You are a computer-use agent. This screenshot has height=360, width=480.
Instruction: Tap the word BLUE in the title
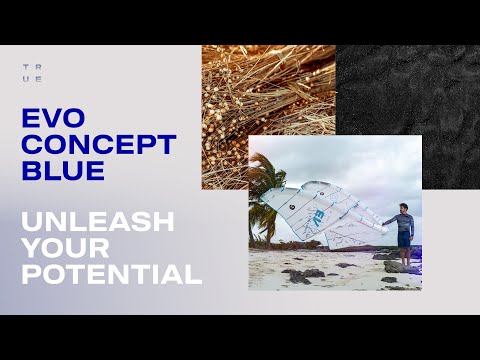coord(62,170)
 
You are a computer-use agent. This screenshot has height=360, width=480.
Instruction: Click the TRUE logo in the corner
coord(32,73)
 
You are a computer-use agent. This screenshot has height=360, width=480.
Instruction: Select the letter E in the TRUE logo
coord(39,78)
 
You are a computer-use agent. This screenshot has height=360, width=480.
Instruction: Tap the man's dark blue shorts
coord(404,239)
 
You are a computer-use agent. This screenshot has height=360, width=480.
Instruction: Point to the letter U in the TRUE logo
coord(25,78)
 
